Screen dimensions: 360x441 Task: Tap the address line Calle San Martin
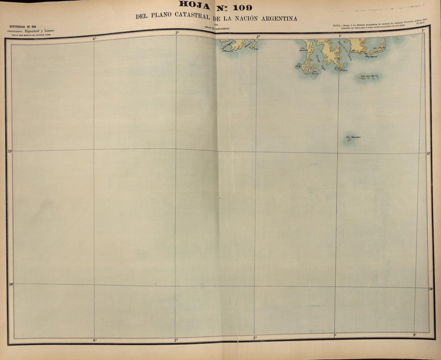tap(31, 35)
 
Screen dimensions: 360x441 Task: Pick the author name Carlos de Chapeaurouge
tap(216, 28)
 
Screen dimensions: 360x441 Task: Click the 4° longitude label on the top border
tap(95, 38)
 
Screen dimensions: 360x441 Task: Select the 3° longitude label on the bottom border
tap(176, 340)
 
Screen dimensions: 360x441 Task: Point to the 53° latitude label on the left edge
tap(10, 151)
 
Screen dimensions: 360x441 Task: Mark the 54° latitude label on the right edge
tap(431, 289)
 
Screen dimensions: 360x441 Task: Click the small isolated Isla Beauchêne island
tap(349, 139)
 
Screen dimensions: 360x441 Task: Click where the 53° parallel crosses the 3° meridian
tap(176, 150)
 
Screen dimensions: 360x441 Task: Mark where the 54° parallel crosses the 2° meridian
tap(255, 286)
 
